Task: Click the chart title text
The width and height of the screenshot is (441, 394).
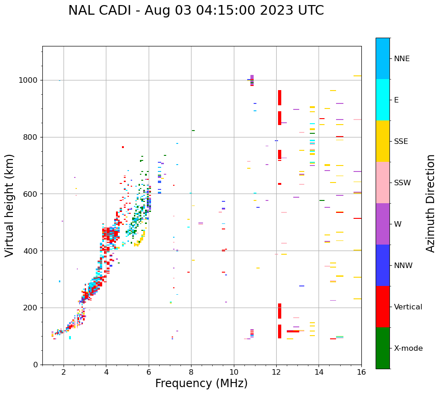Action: [x=196, y=11]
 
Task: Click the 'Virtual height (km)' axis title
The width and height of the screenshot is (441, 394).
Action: [x=10, y=206]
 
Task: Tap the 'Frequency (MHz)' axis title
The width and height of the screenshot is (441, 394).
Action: [x=201, y=383]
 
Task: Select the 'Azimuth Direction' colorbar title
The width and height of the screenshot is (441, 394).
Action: [x=430, y=203]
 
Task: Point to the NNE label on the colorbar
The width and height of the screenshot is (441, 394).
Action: [x=401, y=59]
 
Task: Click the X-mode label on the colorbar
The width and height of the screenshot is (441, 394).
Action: [x=408, y=348]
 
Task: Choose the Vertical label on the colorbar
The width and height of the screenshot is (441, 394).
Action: [x=408, y=307]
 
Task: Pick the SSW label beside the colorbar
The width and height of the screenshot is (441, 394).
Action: [x=402, y=183]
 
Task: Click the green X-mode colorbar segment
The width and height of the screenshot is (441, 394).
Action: [x=383, y=348]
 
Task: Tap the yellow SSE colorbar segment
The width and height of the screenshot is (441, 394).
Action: [x=383, y=141]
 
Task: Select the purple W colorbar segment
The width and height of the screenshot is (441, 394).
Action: [x=383, y=224]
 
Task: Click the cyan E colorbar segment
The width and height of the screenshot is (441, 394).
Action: [x=383, y=100]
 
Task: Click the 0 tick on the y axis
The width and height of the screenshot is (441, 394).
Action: [x=36, y=365]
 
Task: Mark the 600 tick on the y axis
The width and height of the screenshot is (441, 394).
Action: [x=32, y=194]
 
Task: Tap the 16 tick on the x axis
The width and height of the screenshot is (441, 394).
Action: [x=361, y=372]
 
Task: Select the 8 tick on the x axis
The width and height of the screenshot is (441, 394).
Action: [x=191, y=372]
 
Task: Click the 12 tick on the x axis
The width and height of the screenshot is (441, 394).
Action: [x=276, y=372]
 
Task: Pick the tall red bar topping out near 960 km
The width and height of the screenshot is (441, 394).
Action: [x=279, y=97]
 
